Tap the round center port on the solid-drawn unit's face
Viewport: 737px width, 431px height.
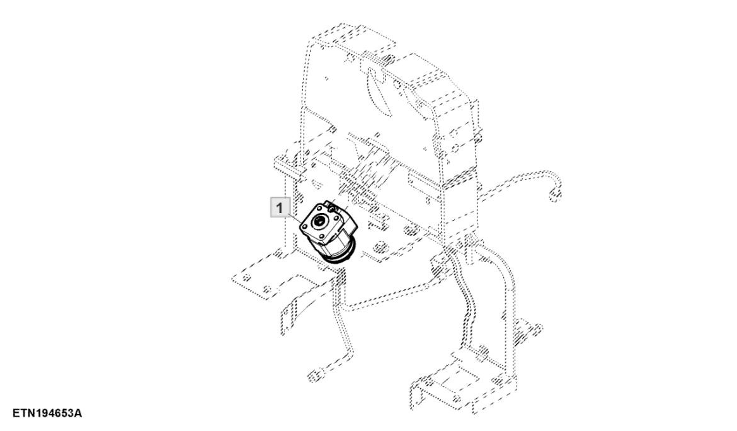pyautogui.click(x=321, y=221)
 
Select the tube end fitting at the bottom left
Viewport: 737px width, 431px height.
pyautogui.click(x=311, y=376)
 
